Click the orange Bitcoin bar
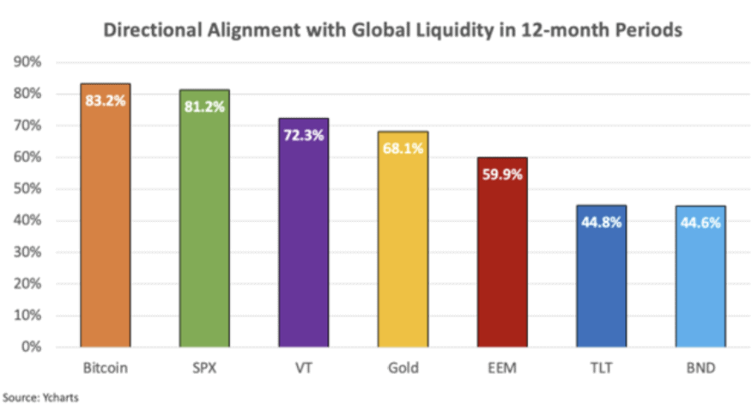point(106,224)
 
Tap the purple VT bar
point(303,241)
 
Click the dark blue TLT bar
point(601,284)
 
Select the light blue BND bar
point(700,284)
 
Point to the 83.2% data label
point(106,101)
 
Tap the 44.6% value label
point(700,223)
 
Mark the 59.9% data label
point(501,175)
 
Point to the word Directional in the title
point(150,29)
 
